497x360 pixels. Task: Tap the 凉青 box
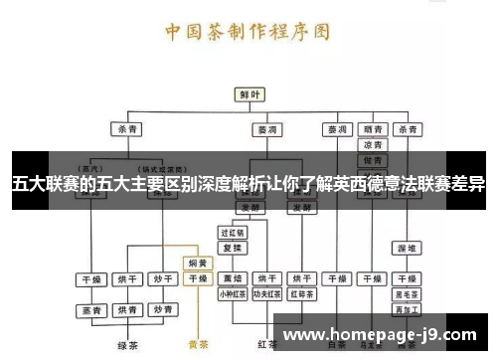pyautogui.click(x=374, y=144)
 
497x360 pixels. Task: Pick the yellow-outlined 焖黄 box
pyautogui.click(x=198, y=264)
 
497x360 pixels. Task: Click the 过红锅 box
pyautogui.click(x=232, y=233)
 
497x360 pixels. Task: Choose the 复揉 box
pyautogui.click(x=232, y=247)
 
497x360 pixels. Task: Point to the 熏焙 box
pyautogui.click(x=232, y=278)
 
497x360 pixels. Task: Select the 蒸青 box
pyautogui.click(x=91, y=311)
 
